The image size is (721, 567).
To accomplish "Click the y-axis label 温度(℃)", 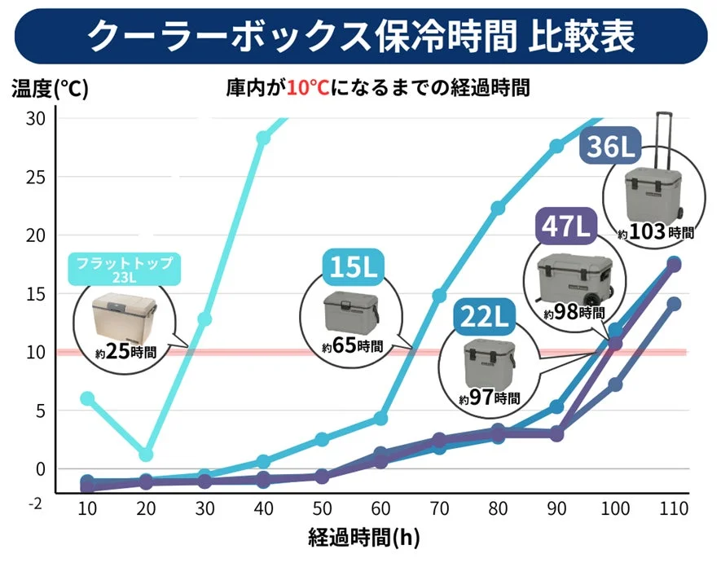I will click(x=49, y=88).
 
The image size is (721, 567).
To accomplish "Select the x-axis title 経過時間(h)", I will click(x=364, y=538).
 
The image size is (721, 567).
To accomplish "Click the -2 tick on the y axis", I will click(x=35, y=504).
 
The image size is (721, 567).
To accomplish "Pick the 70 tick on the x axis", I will click(x=438, y=508).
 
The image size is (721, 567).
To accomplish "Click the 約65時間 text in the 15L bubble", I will click(x=351, y=345).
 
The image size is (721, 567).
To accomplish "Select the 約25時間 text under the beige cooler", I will click(x=125, y=353).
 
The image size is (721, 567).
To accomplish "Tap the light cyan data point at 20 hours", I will click(x=146, y=455).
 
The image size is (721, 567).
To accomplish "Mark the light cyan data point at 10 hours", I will click(x=87, y=398).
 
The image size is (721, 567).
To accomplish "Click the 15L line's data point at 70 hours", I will click(x=439, y=295).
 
